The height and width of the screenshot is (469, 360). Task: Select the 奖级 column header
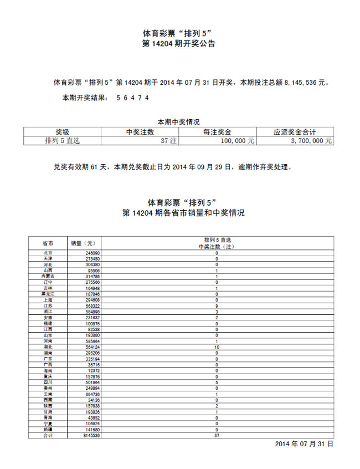(63, 132)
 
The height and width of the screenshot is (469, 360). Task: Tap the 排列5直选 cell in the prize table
(62, 141)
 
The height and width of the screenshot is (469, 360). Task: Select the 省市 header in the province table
(48, 243)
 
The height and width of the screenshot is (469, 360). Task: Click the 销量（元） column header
(83, 243)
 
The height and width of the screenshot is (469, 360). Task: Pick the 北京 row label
(48, 253)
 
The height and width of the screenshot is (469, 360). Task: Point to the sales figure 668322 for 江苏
(92, 306)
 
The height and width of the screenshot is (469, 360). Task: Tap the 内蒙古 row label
(48, 276)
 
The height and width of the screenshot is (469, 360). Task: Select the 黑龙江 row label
(48, 294)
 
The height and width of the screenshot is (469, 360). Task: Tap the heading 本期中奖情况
(178, 122)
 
